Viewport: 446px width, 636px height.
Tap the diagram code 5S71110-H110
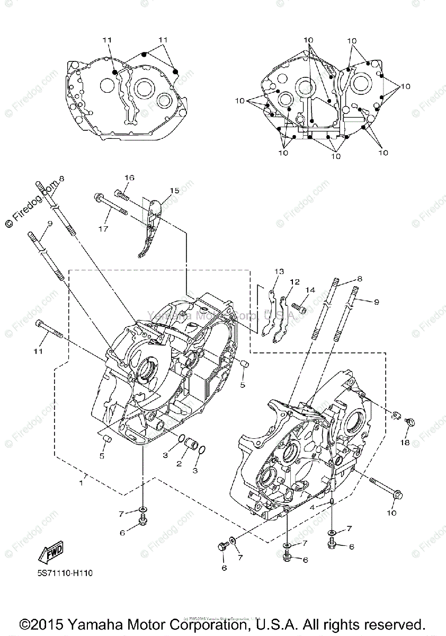point(61,572)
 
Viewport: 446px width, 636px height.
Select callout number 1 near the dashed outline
point(81,482)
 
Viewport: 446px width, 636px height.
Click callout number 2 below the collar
point(179,464)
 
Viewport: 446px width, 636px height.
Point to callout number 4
point(312,507)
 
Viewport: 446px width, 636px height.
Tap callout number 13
point(279,271)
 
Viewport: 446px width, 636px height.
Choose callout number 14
point(310,289)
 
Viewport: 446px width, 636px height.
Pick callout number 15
point(174,190)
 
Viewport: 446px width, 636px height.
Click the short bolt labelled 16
point(121,196)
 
